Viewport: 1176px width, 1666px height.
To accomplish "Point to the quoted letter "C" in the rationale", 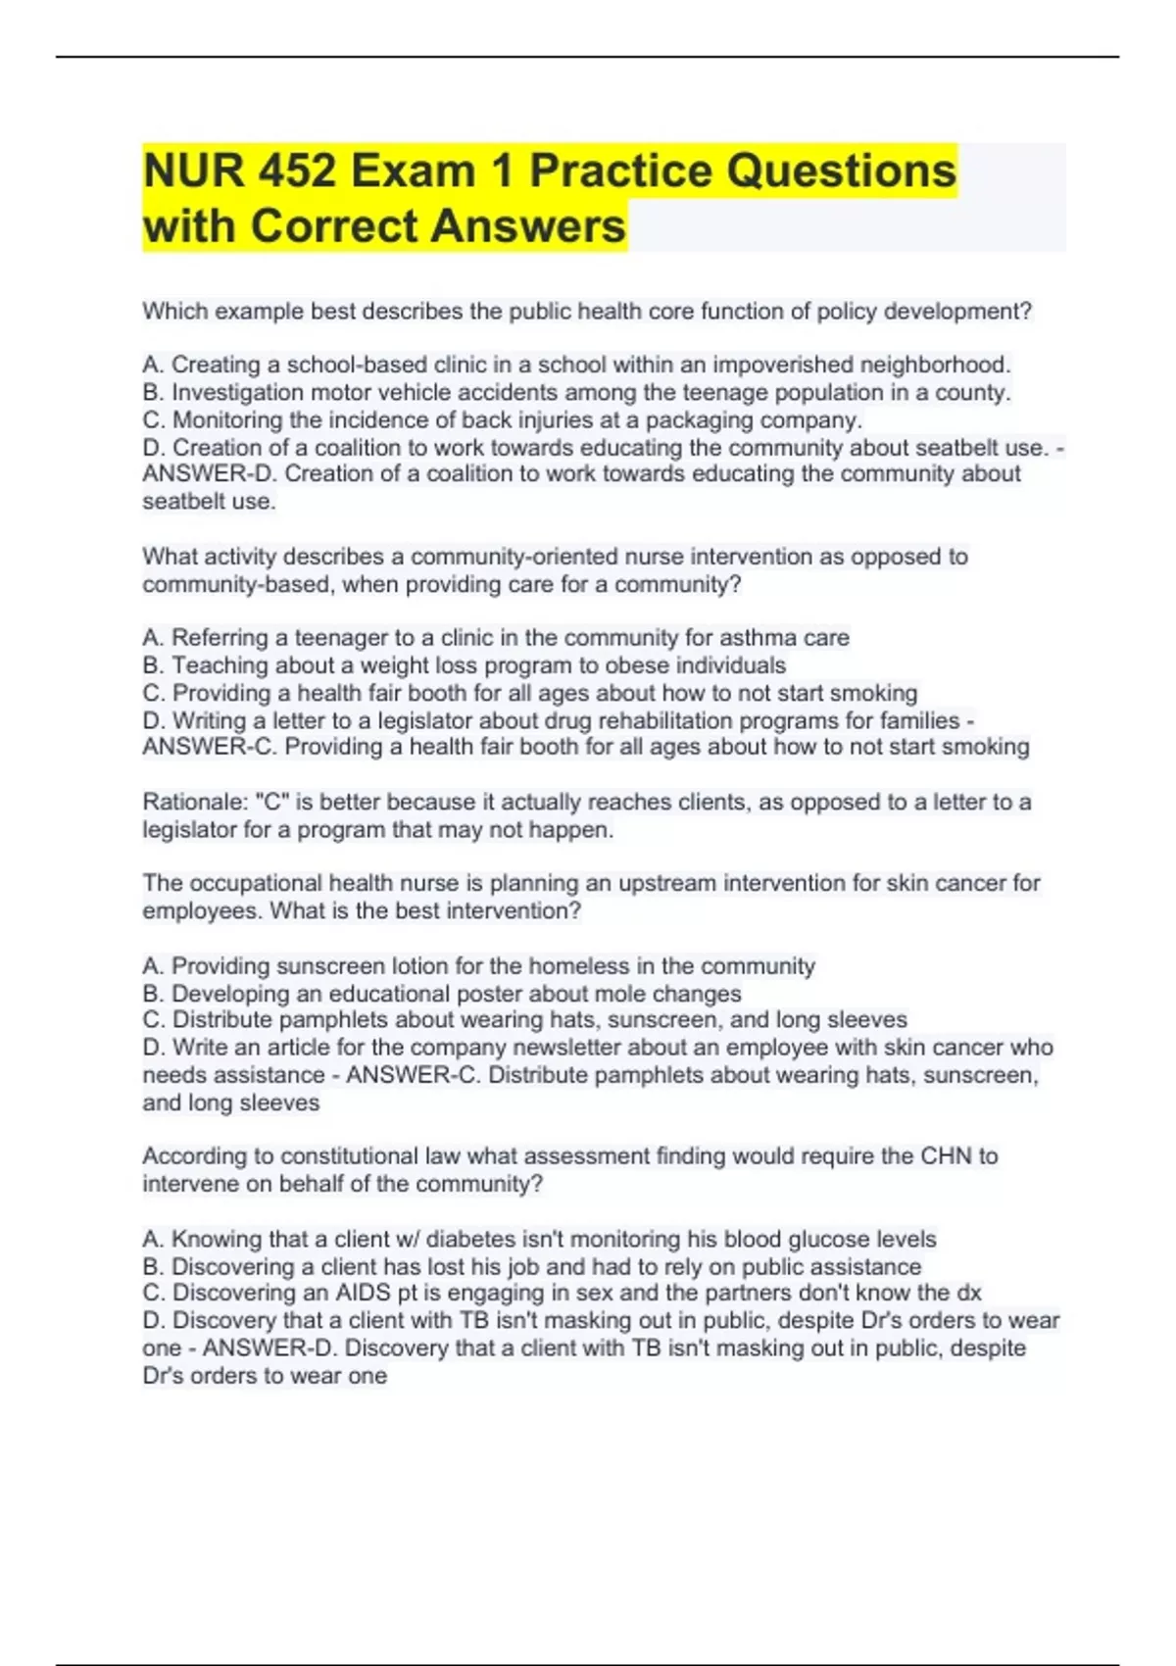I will (271, 803).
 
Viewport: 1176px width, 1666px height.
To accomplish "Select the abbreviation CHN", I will (945, 1156).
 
